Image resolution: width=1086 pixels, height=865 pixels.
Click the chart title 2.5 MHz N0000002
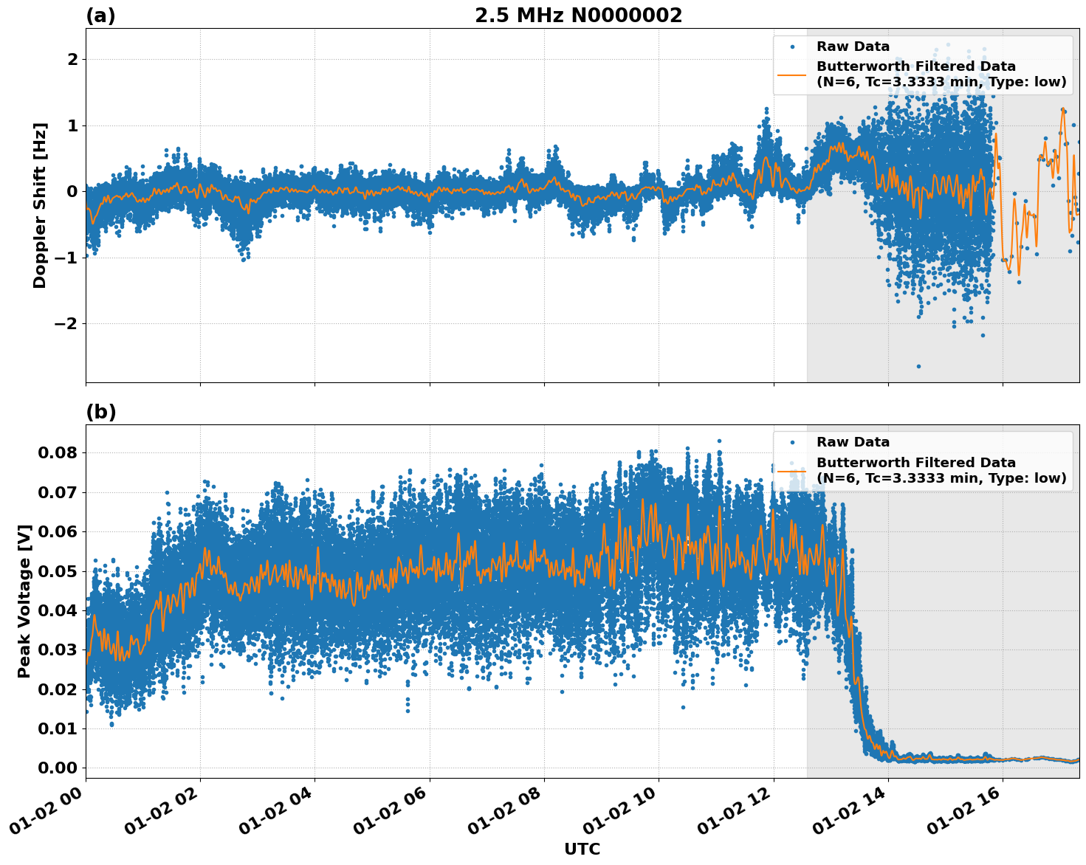pyautogui.click(x=578, y=15)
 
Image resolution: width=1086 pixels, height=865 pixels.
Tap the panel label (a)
pyautogui.click(x=100, y=15)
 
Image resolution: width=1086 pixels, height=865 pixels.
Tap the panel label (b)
pyautogui.click(x=100, y=412)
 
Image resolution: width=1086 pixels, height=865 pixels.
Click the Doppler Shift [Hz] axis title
pyautogui.click(x=40, y=205)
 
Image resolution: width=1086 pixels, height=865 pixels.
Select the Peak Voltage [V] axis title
pyautogui.click(x=24, y=601)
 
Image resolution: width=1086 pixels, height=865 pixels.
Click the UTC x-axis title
pyautogui.click(x=582, y=849)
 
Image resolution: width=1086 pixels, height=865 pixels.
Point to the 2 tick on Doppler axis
pyautogui.click(x=72, y=60)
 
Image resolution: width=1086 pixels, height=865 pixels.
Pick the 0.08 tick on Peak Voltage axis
pyautogui.click(x=58, y=452)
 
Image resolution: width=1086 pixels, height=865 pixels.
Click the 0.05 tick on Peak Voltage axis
pyautogui.click(x=58, y=571)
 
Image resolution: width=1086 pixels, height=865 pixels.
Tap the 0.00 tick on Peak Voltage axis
pyautogui.click(x=58, y=768)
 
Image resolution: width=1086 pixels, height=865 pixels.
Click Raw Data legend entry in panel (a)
pyautogui.click(x=853, y=46)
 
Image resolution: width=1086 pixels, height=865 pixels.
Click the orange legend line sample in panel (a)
pyautogui.click(x=792, y=74)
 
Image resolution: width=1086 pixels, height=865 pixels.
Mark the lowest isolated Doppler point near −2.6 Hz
pyautogui.click(x=918, y=366)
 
